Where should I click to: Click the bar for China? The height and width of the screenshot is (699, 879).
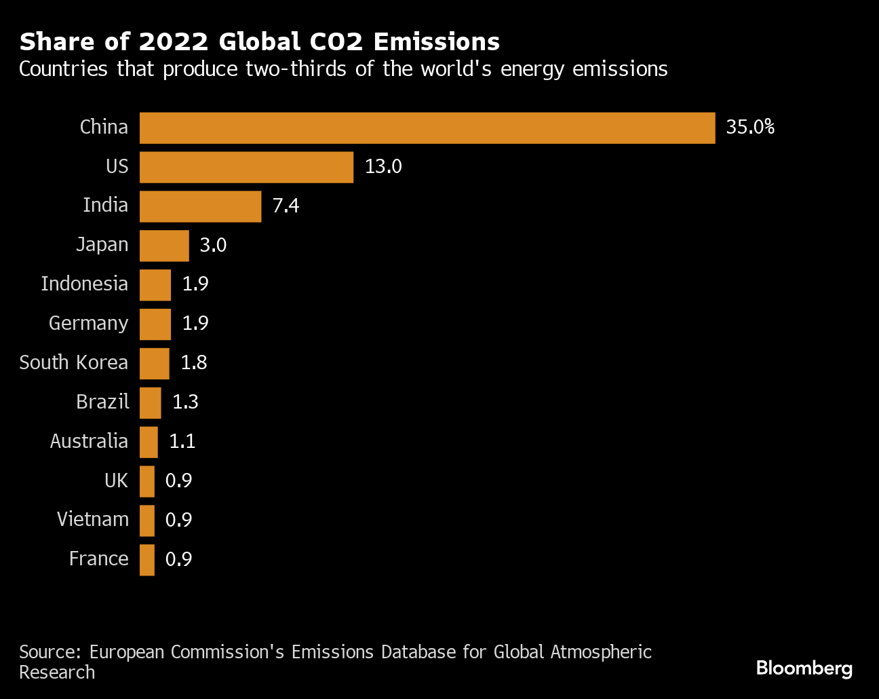427,128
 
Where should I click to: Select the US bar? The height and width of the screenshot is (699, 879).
246,167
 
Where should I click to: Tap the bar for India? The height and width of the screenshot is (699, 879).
200,206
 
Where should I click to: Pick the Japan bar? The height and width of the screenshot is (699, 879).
164,246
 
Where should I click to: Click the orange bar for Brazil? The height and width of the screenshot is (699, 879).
151,402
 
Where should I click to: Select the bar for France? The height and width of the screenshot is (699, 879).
147,560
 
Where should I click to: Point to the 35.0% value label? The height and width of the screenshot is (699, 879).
750,128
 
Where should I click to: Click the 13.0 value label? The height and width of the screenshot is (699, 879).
383,167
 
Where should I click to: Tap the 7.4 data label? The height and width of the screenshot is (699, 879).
286,206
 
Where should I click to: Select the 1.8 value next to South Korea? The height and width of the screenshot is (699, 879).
194,363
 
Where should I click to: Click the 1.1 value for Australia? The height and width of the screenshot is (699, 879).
182,442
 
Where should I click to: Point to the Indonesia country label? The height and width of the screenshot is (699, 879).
84,284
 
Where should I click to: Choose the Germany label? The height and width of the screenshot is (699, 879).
88,324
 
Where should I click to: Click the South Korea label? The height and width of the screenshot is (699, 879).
73,362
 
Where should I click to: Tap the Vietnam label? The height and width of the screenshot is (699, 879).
93,520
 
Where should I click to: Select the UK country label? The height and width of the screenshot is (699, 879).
116,481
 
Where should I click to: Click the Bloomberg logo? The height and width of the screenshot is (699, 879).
804,668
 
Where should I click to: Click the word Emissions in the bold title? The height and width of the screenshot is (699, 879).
436,42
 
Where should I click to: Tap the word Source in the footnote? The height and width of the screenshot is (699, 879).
50,652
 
